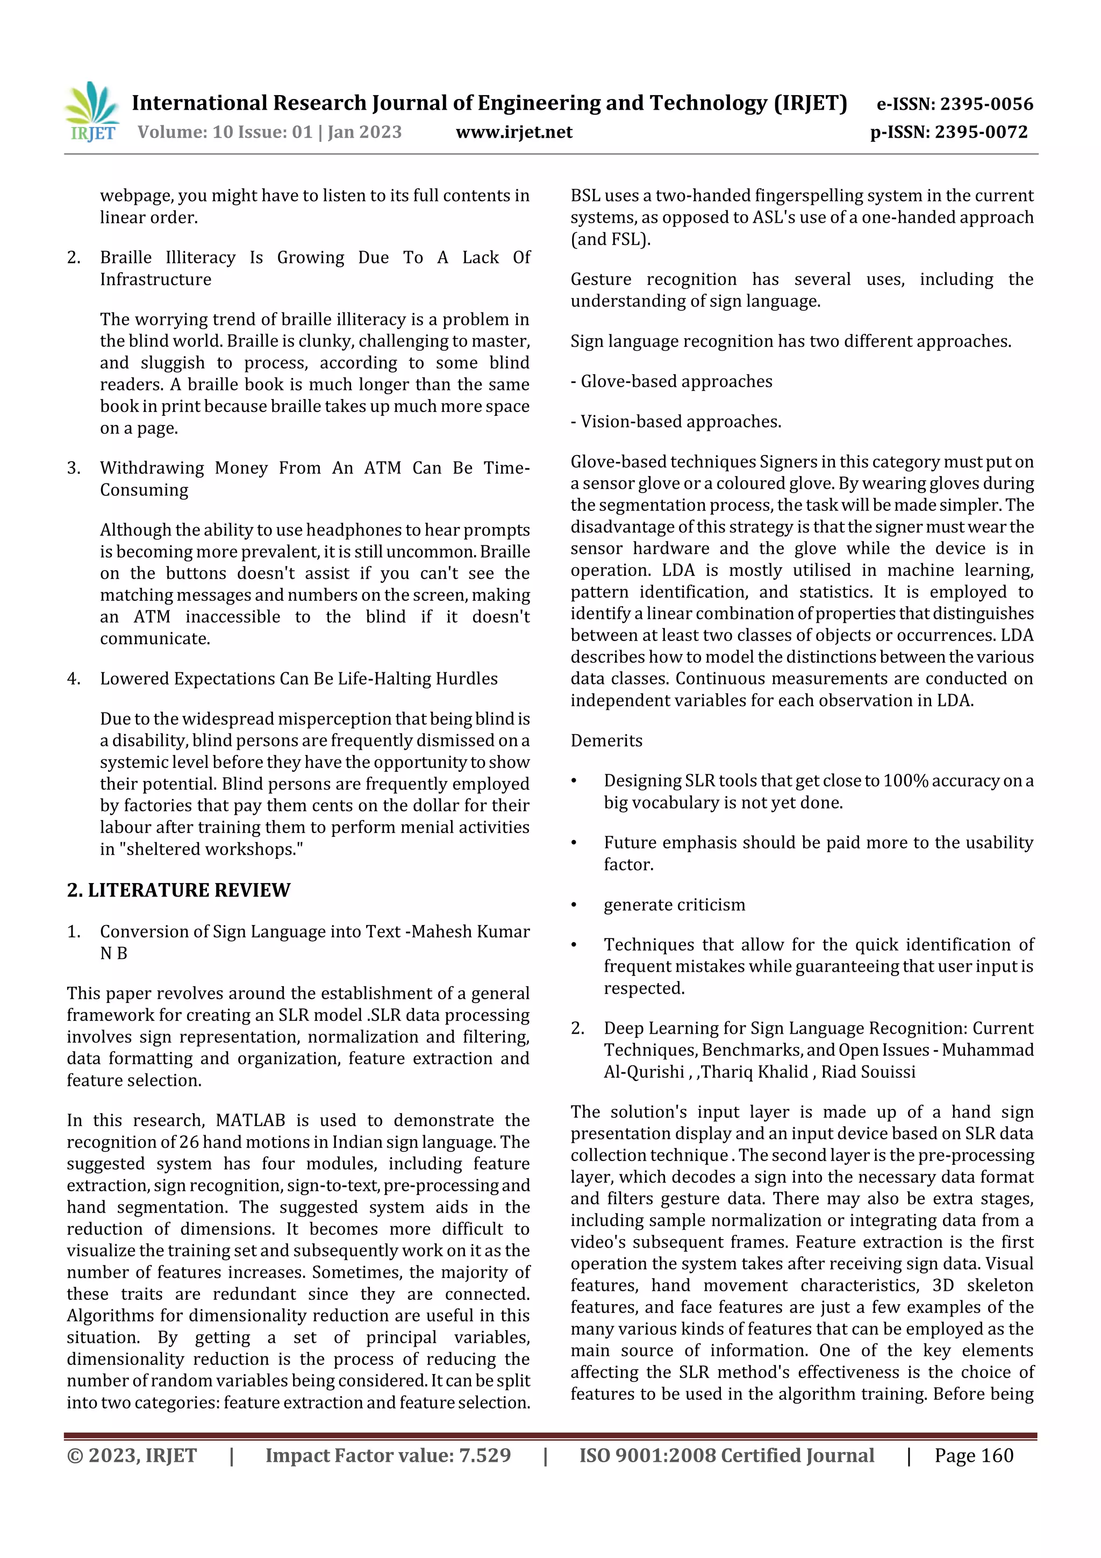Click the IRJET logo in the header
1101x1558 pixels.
point(92,112)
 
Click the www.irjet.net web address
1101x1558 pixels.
point(513,132)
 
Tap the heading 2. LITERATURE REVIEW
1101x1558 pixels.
point(178,890)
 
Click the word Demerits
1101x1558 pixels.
point(606,741)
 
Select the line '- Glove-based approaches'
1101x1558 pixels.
point(671,381)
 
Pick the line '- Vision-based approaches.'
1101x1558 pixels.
point(676,422)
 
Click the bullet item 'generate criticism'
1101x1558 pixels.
point(674,905)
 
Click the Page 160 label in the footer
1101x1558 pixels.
point(974,1455)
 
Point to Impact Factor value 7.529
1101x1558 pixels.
point(388,1455)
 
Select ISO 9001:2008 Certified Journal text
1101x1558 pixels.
point(726,1455)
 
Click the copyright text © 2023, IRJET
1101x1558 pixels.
point(132,1455)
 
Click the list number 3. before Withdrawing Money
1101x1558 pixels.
point(73,468)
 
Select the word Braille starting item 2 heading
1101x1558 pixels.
point(125,258)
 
